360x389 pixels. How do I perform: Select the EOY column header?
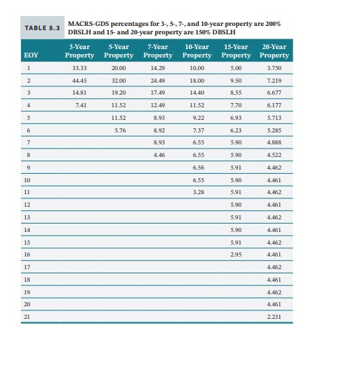click(x=31, y=54)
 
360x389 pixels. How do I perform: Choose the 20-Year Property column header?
click(x=274, y=50)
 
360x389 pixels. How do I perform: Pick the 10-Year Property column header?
click(x=197, y=50)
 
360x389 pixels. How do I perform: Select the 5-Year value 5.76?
click(x=119, y=130)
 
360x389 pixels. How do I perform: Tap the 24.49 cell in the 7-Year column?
click(x=158, y=81)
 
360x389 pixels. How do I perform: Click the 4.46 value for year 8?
click(x=158, y=154)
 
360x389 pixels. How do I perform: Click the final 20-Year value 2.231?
click(x=274, y=315)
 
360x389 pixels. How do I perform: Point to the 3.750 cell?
click(x=274, y=69)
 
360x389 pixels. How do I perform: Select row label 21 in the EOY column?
click(x=28, y=315)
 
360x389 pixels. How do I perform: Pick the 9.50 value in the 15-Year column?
click(x=236, y=81)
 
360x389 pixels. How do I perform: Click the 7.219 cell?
click(x=274, y=81)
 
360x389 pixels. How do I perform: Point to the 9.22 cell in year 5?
click(x=197, y=117)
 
